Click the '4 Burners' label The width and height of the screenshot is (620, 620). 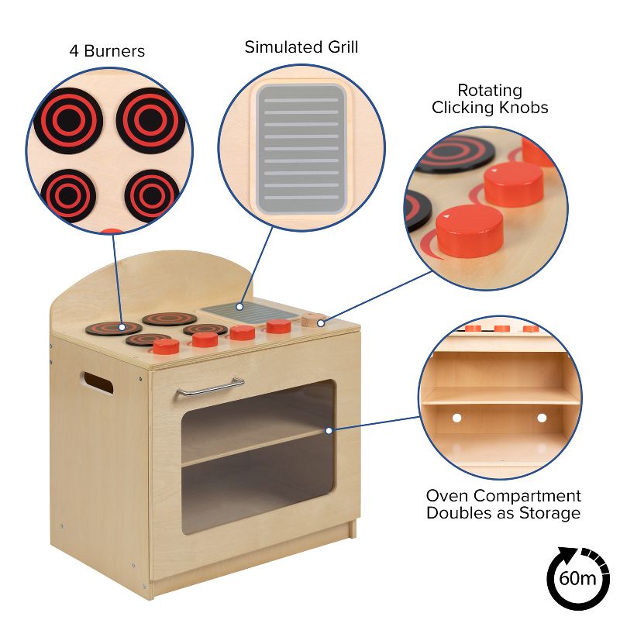point(106,52)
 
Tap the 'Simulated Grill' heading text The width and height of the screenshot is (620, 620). point(301,47)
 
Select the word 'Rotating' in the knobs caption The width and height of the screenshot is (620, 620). point(489,91)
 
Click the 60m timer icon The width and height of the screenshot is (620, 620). point(578,577)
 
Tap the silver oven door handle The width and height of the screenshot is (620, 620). point(209,386)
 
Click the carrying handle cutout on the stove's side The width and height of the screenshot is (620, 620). point(97,381)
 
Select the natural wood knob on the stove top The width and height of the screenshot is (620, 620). point(312,319)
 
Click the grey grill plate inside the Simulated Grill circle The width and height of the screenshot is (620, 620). point(301,149)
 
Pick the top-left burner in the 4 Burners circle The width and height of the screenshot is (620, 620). point(68,121)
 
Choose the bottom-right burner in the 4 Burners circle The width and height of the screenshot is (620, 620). point(152,195)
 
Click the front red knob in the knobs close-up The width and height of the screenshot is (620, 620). point(469,230)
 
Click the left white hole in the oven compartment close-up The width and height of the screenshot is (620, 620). point(456,418)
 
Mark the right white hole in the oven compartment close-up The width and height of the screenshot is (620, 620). point(542,418)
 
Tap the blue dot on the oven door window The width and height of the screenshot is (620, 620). point(329,430)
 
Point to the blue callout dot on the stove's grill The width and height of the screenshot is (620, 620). point(240,307)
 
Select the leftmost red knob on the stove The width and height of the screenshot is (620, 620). point(166,346)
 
